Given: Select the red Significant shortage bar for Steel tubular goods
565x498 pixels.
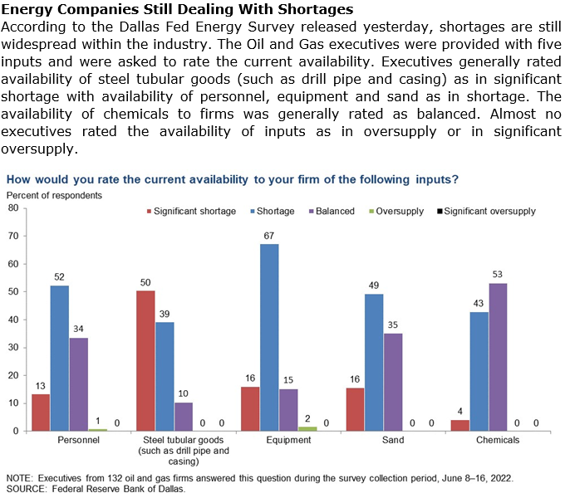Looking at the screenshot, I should click(x=146, y=360).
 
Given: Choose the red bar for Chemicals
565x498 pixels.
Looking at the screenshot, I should click(x=459, y=425).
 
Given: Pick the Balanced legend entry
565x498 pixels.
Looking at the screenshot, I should click(x=334, y=211).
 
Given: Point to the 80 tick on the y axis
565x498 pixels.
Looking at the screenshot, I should click(x=12, y=207).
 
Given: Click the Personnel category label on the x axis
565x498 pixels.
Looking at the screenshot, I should click(x=81, y=441).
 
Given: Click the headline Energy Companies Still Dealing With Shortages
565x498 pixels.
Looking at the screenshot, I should click(x=179, y=10).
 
